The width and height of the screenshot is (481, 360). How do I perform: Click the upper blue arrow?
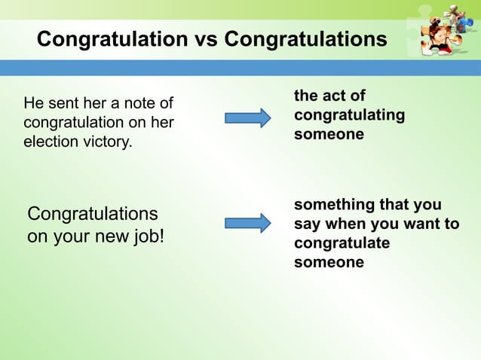(247, 117)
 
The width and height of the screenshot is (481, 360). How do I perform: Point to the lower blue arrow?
(247, 223)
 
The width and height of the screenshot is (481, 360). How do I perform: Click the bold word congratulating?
(349, 115)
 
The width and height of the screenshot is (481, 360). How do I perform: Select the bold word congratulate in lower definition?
(342, 243)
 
